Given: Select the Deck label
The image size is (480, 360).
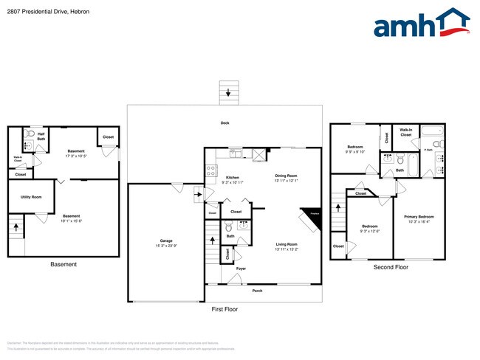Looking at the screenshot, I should pos(224,122).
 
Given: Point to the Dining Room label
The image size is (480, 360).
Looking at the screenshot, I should pos(286,176).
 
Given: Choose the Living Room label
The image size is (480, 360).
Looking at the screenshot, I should pos(286,244).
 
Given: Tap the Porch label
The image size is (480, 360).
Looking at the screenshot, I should pos(257,291).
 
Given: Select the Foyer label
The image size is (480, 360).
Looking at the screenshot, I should pos(241,269).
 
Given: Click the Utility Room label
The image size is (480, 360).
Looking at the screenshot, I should pos(31,197).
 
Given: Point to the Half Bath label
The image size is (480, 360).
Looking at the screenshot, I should pos(41,136).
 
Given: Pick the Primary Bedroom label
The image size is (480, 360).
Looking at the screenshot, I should pos(419,217).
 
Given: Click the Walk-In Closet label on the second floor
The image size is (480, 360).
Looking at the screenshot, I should pos(406,133).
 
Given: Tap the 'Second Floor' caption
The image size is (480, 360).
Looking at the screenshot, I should pos(391,267).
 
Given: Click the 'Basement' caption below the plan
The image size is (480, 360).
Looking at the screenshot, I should pos(63,264).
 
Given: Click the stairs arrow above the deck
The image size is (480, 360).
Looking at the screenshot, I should pos(228,93).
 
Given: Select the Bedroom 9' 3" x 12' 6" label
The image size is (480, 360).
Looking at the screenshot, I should pos(370,227).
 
